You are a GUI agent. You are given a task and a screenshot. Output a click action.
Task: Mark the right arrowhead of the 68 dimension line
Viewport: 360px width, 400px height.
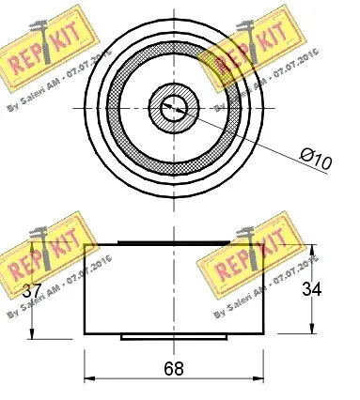coord(259,379)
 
